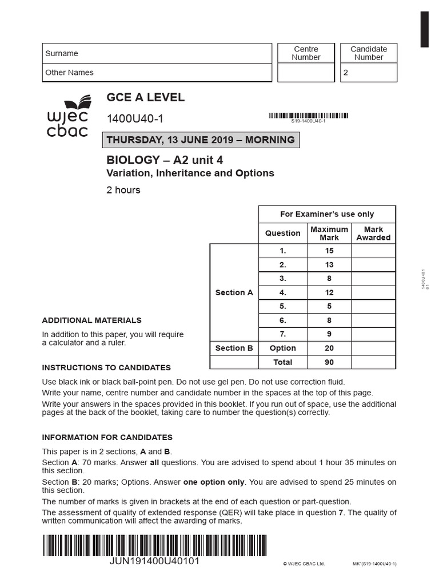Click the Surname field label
[62, 53]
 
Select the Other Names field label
[69, 73]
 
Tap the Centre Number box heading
[306, 53]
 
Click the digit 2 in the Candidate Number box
[345, 73]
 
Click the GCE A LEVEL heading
[145, 97]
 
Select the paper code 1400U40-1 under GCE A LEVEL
[135, 119]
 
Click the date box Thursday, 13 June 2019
[201, 140]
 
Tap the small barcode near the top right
[308, 116]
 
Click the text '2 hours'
[123, 190]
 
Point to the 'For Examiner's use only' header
[327, 214]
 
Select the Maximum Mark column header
[329, 233]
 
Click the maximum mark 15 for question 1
[329, 251]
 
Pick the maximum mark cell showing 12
[329, 292]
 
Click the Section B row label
[234, 348]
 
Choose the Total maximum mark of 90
[329, 362]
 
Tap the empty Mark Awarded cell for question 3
[373, 279]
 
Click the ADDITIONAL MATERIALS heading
[91, 320]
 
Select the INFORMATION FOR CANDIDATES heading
[107, 437]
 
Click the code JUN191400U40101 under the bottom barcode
[154, 561]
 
